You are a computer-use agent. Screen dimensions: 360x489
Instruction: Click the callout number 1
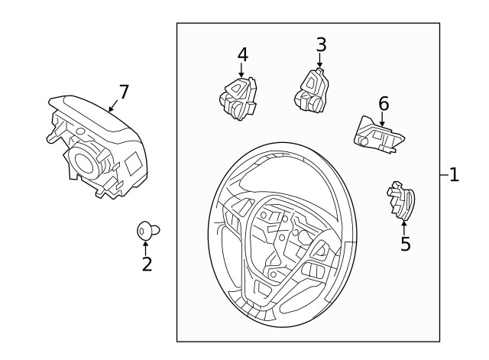pyautogui.click(x=454, y=175)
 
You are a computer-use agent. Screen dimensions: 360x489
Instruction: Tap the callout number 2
pyautogui.click(x=147, y=264)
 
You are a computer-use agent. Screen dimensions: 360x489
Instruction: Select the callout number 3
pyautogui.click(x=321, y=45)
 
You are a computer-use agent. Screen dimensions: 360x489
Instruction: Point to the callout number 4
pyautogui.click(x=242, y=55)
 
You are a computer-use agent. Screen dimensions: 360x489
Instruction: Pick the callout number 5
pyautogui.click(x=405, y=245)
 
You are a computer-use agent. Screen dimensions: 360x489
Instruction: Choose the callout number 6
pyautogui.click(x=384, y=103)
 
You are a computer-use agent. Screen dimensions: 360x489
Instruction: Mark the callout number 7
pyautogui.click(x=123, y=92)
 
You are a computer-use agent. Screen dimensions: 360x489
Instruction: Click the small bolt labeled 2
pyautogui.click(x=147, y=229)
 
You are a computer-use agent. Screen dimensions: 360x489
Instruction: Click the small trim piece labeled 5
pyautogui.click(x=400, y=203)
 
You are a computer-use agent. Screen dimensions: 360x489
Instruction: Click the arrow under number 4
pyautogui.click(x=241, y=71)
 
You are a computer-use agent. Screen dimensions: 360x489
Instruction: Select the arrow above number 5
pyautogui.click(x=404, y=227)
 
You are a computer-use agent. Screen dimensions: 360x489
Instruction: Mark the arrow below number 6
pyautogui.click(x=382, y=118)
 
